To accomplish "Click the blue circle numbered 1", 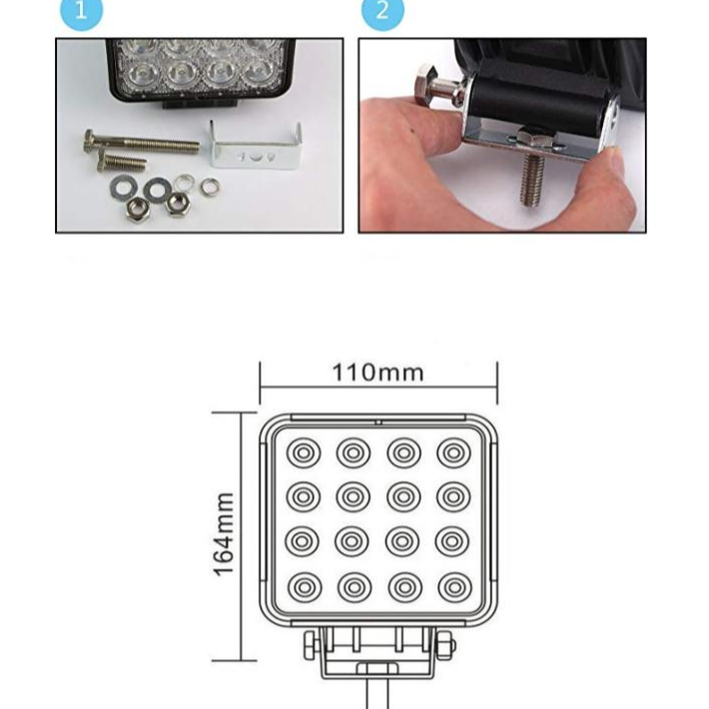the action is click(82, 11).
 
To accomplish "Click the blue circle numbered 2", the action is click(382, 11).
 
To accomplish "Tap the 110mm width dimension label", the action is click(378, 373).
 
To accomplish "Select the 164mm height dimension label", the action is click(224, 534).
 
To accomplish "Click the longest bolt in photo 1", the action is click(141, 144).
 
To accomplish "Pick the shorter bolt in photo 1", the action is click(121, 162).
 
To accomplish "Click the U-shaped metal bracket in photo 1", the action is click(255, 148).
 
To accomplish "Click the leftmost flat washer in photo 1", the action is click(123, 186).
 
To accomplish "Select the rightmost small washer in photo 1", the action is click(210, 186).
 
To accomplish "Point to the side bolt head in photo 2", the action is click(426, 85).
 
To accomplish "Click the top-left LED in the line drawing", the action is click(304, 452).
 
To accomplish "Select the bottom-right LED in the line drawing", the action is click(455, 587).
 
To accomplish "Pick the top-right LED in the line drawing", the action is click(454, 452).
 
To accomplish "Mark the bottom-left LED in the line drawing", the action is click(305, 587).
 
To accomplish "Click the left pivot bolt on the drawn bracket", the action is click(312, 646).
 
